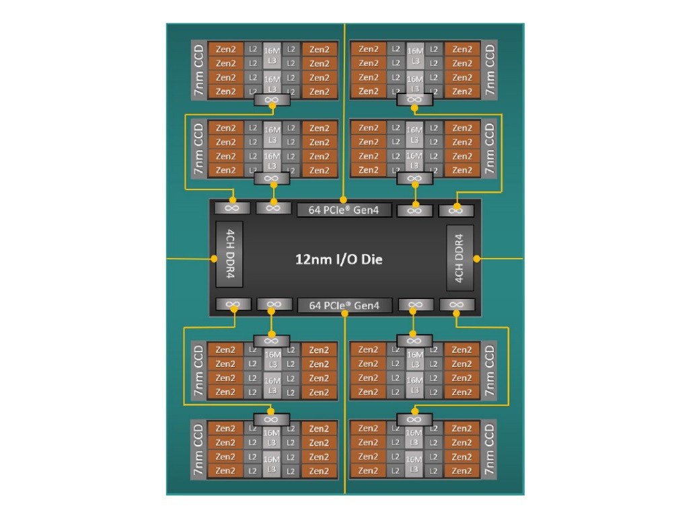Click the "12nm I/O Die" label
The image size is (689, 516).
[x=339, y=259]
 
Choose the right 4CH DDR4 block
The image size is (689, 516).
[x=460, y=258]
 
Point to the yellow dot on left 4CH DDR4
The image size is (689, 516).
[x=213, y=258]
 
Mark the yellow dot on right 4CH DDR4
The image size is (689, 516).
[x=476, y=258]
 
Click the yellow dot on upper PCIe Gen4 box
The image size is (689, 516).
[x=343, y=200]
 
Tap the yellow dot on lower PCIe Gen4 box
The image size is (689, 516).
[x=344, y=314]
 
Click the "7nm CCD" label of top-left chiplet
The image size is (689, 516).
[x=198, y=70]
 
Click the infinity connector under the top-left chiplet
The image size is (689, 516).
[x=271, y=100]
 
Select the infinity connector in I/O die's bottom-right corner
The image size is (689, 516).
[x=456, y=305]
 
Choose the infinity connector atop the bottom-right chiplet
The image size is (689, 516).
[x=414, y=419]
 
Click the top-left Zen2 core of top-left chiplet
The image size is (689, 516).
[x=226, y=49]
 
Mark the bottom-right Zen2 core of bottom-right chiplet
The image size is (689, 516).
[x=462, y=470]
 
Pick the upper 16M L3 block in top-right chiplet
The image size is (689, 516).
[x=415, y=54]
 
